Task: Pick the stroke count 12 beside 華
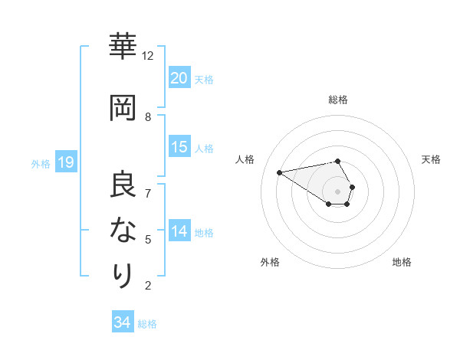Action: [x=148, y=56]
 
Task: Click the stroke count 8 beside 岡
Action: [x=148, y=116]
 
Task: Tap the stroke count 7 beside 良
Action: [x=148, y=193]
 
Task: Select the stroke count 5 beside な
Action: [x=148, y=239]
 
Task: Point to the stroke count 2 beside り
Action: [x=148, y=286]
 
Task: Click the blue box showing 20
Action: [x=179, y=77]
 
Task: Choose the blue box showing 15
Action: [x=179, y=147]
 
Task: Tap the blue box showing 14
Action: [x=179, y=231]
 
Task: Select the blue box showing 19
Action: [x=65, y=162]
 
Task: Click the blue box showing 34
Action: [x=123, y=322]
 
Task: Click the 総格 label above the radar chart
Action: [x=338, y=100]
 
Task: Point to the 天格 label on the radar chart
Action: [x=431, y=159]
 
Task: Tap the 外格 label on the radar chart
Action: [x=270, y=262]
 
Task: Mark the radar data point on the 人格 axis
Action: [x=279, y=172]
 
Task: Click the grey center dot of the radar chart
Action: [x=337, y=191]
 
